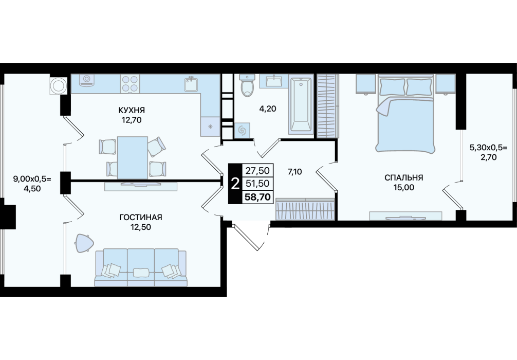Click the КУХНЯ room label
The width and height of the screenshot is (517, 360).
tap(132, 110)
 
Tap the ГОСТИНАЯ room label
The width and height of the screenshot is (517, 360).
tap(141, 217)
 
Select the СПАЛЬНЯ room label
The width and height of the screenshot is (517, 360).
tap(403, 178)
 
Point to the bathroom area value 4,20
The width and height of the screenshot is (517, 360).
tap(267, 109)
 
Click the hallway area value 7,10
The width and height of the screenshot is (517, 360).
tap(294, 172)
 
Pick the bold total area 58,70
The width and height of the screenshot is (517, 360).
tap(257, 197)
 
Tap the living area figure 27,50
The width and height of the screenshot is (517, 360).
tap(257, 171)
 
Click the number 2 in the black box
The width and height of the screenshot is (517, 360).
tap(235, 184)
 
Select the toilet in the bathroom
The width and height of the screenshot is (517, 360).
tap(247, 85)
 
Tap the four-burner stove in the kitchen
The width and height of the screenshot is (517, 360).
tap(130, 83)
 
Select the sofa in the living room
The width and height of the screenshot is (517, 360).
tap(141, 267)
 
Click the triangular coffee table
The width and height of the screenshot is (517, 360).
tap(84, 243)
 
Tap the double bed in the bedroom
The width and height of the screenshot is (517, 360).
tap(405, 114)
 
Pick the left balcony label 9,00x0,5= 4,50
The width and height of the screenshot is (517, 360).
tap(32, 184)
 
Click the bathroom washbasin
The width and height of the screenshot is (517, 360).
tap(274, 81)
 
